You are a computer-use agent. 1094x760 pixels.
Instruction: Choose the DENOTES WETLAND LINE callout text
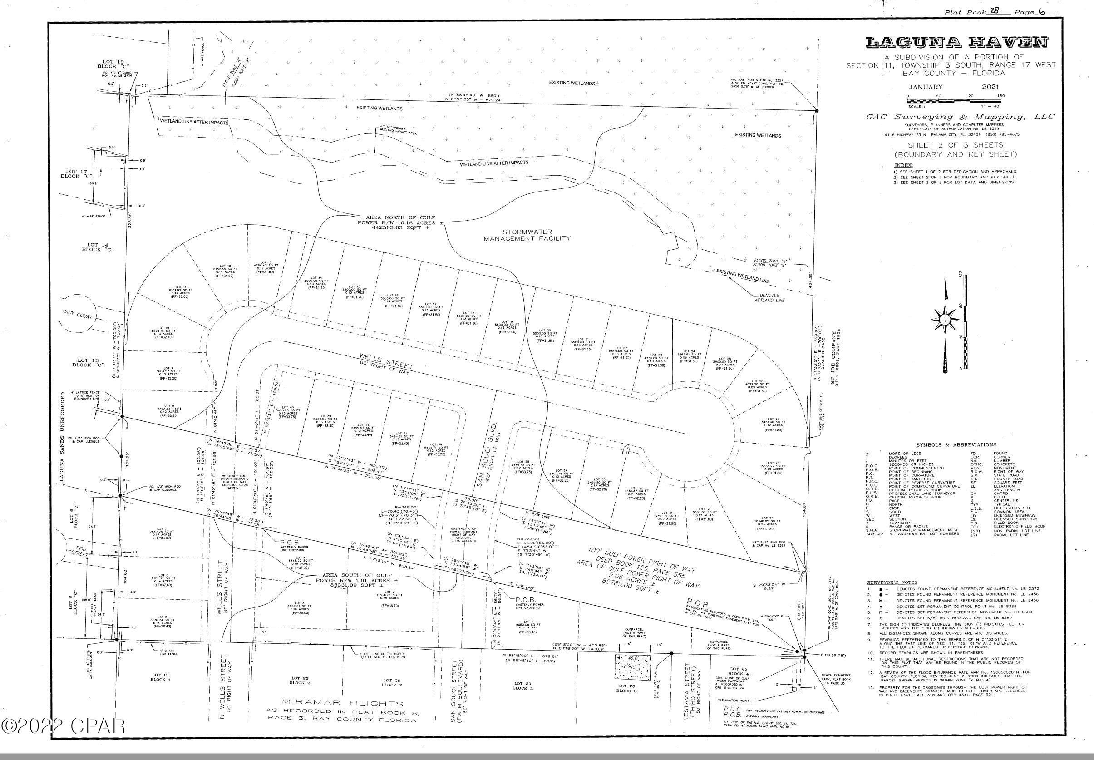click(x=769, y=296)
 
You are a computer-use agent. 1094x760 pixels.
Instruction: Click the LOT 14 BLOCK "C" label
click(x=99, y=246)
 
